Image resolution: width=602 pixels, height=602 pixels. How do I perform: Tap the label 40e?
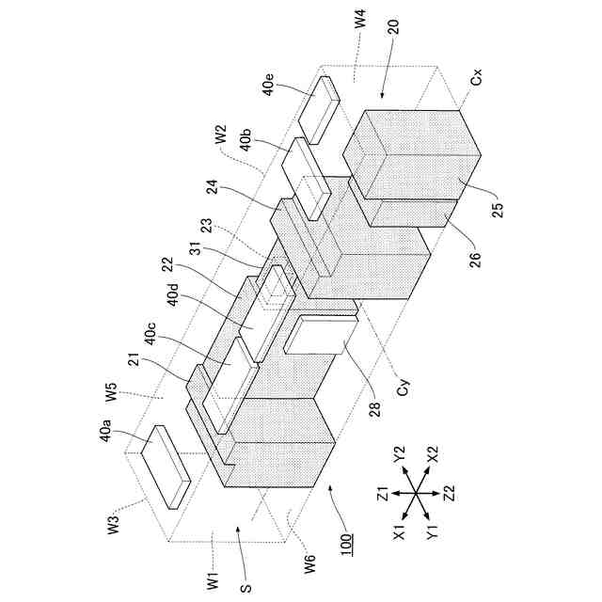point(270,87)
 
